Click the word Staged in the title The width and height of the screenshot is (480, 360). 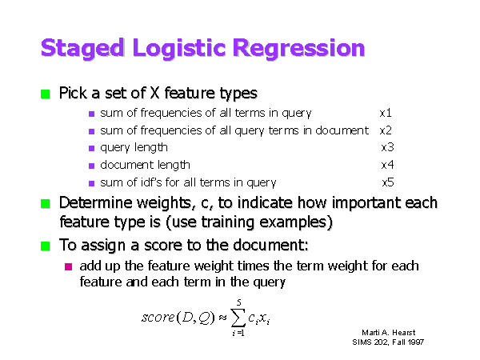pyautogui.click(x=82, y=49)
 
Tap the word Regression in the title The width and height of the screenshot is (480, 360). pyautogui.click(x=298, y=49)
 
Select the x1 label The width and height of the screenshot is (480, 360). pyautogui.click(x=386, y=113)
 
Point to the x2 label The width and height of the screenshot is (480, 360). pyautogui.click(x=386, y=130)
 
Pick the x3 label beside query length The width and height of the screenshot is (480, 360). pyautogui.click(x=387, y=147)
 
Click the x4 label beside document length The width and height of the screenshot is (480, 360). pyautogui.click(x=387, y=165)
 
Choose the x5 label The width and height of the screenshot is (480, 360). pyautogui.click(x=388, y=182)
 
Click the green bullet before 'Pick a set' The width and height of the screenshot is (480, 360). pyautogui.click(x=46, y=94)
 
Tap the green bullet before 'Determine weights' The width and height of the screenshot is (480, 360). pyautogui.click(x=46, y=203)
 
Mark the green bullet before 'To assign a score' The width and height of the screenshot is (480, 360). pyautogui.click(x=46, y=246)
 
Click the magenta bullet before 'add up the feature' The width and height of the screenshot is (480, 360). pyautogui.click(x=68, y=266)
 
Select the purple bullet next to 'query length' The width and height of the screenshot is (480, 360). pyautogui.click(x=91, y=149)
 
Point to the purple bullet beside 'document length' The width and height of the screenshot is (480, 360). pyautogui.click(x=91, y=166)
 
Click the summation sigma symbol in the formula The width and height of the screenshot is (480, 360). pyautogui.click(x=238, y=318)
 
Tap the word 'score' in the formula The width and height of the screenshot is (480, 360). pyautogui.click(x=158, y=317)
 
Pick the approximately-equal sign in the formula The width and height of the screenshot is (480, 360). pyautogui.click(x=222, y=318)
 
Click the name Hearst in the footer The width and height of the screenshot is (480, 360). pyautogui.click(x=404, y=333)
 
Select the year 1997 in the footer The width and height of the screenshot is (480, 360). pyautogui.click(x=416, y=342)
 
